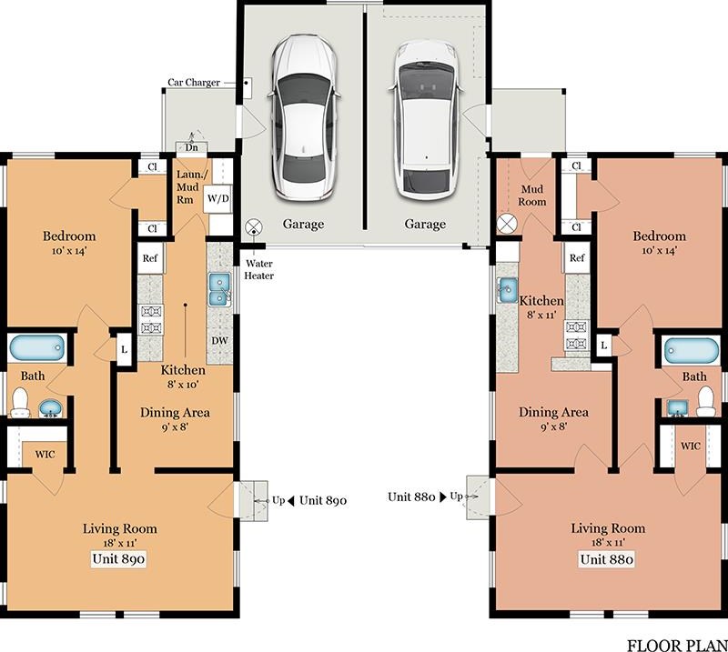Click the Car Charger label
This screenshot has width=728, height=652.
click(194, 83)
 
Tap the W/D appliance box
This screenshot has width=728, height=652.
click(217, 198)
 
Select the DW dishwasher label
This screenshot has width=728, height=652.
click(219, 341)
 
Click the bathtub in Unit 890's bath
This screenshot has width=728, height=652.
click(36, 347)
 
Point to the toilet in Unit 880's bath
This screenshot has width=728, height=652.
click(706, 401)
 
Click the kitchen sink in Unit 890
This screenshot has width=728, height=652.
click(219, 289)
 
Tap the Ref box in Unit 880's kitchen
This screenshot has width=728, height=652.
click(577, 258)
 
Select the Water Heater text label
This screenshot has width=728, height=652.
click(259, 269)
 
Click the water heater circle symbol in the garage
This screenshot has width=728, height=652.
click(254, 227)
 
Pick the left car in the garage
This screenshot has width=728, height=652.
click(303, 118)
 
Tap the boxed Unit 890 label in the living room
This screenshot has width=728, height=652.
click(118, 558)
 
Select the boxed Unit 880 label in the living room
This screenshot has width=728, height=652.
click(606, 559)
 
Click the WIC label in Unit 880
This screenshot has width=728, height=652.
click(691, 446)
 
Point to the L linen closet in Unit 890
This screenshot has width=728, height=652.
click(124, 349)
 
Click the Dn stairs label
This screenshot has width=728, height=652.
click(192, 147)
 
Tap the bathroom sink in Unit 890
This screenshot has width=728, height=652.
click(50, 408)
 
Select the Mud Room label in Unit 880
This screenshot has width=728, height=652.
click(532, 196)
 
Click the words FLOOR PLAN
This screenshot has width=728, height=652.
click(677, 646)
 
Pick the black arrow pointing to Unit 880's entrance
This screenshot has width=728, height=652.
click(442, 497)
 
